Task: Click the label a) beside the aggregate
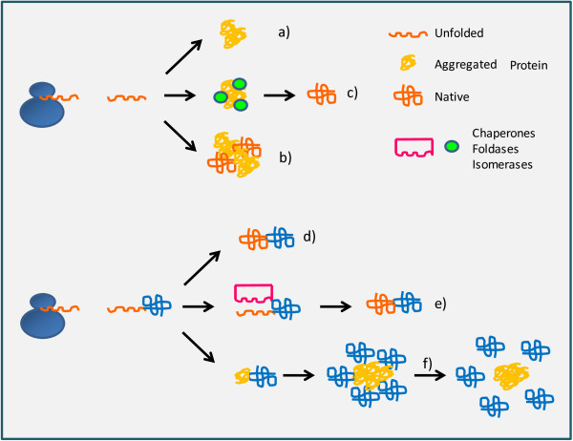(x=285, y=32)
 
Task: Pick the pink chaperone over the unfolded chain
(x=254, y=290)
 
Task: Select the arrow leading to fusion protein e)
(x=338, y=306)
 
